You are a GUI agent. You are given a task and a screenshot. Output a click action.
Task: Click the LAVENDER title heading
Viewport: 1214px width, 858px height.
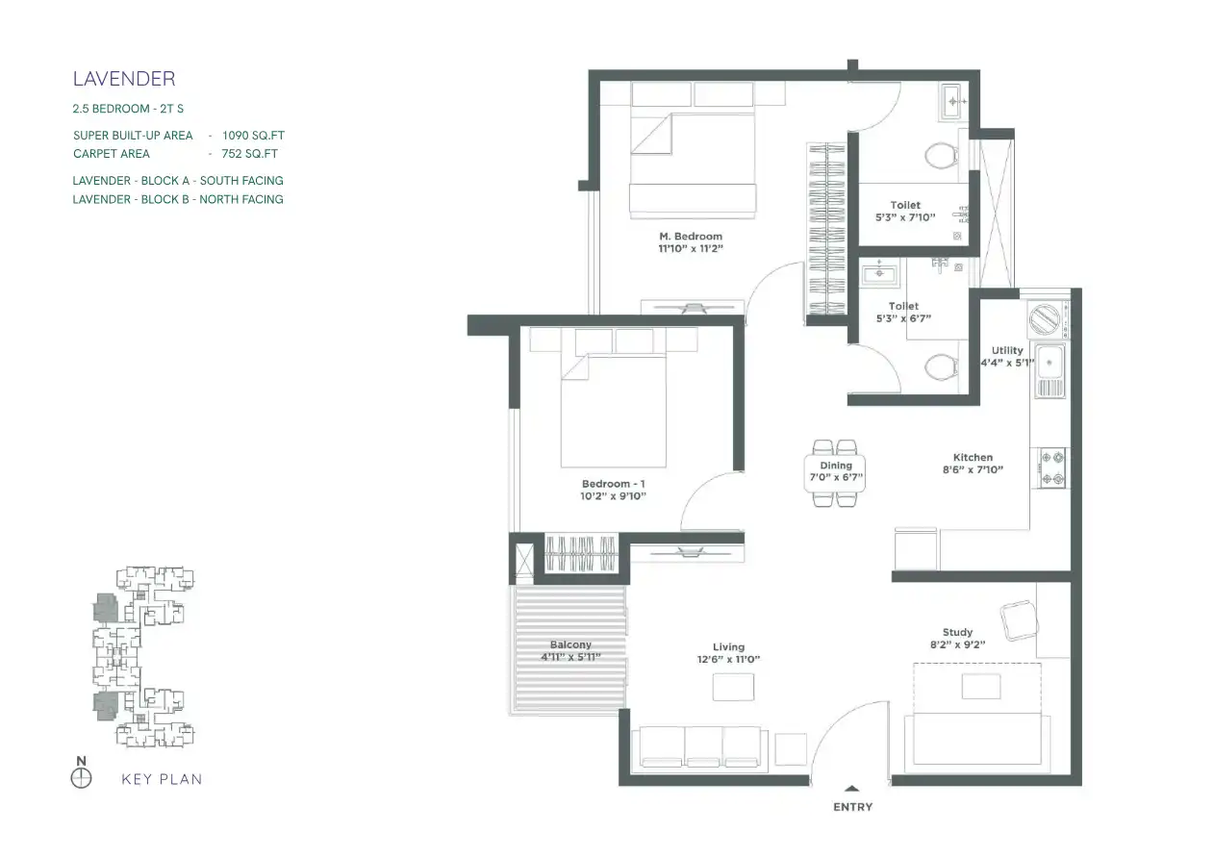coord(124,79)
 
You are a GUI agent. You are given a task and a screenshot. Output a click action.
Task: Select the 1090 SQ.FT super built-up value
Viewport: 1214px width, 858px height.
coord(253,136)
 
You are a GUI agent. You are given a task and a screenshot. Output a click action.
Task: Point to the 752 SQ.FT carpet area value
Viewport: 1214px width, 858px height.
coord(249,154)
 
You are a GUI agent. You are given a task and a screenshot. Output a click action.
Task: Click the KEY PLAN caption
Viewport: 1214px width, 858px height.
coord(162,779)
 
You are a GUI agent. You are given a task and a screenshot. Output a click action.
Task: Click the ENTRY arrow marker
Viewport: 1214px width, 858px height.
coord(852,789)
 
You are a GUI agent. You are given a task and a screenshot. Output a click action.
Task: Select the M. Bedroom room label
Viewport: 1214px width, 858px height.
coord(691,237)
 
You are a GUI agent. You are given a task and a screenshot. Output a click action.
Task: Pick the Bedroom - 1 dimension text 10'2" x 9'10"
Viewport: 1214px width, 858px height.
coord(613,496)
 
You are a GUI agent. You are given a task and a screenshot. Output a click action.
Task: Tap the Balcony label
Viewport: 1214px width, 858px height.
coord(570,644)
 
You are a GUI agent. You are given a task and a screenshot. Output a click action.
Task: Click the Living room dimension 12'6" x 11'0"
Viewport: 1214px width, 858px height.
coord(728,659)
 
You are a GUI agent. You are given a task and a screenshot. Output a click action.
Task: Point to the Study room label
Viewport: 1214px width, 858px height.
coord(958,632)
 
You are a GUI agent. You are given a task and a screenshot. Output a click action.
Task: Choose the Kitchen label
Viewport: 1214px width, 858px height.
coord(973,458)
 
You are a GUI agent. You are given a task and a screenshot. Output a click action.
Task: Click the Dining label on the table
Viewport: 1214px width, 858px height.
coord(836,466)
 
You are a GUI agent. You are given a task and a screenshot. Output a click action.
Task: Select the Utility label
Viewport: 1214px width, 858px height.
coord(1007,350)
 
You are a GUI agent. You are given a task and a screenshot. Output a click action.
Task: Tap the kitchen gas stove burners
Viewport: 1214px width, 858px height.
coord(1053,467)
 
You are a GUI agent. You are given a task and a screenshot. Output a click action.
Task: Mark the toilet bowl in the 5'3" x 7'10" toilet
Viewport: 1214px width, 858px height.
coord(942,157)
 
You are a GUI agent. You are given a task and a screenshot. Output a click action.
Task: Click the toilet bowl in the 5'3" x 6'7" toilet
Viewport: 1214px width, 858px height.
coord(942,367)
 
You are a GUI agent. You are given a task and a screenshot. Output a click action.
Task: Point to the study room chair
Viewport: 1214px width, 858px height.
coord(1020,621)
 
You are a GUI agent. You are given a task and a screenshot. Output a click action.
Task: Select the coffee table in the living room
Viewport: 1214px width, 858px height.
coord(733,688)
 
